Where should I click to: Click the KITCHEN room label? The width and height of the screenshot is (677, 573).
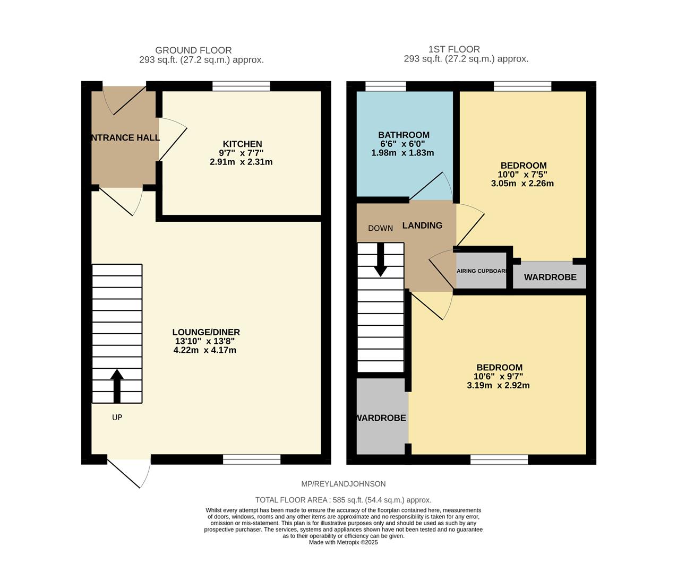click(x=242, y=144)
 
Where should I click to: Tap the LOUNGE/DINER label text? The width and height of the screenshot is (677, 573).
click(x=206, y=332)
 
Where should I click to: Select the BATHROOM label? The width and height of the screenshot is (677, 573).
click(x=404, y=135)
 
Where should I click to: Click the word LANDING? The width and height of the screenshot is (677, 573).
click(x=422, y=225)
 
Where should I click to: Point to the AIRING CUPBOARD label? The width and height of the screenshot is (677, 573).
click(x=482, y=271)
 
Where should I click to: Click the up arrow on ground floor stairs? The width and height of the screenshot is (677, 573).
click(x=117, y=386)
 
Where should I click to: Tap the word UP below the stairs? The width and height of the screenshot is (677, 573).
click(x=117, y=418)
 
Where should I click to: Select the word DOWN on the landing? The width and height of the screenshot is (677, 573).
click(x=380, y=228)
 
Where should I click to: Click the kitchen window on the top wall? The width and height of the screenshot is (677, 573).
click(x=241, y=86)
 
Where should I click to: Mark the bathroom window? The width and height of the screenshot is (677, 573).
click(x=385, y=86)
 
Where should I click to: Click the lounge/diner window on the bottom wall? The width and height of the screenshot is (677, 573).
click(x=252, y=459)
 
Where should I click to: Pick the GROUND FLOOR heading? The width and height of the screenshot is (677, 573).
click(x=193, y=50)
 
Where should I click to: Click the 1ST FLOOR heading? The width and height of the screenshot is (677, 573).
click(x=454, y=49)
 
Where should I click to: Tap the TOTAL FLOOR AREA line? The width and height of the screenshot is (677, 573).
click(x=343, y=500)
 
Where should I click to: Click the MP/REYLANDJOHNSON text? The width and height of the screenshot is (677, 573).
click(x=343, y=484)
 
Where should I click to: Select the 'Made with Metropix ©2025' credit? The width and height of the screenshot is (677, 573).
click(x=343, y=543)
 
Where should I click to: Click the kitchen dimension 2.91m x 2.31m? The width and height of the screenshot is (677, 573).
click(x=241, y=162)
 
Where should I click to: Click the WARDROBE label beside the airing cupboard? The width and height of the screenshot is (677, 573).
click(x=550, y=277)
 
